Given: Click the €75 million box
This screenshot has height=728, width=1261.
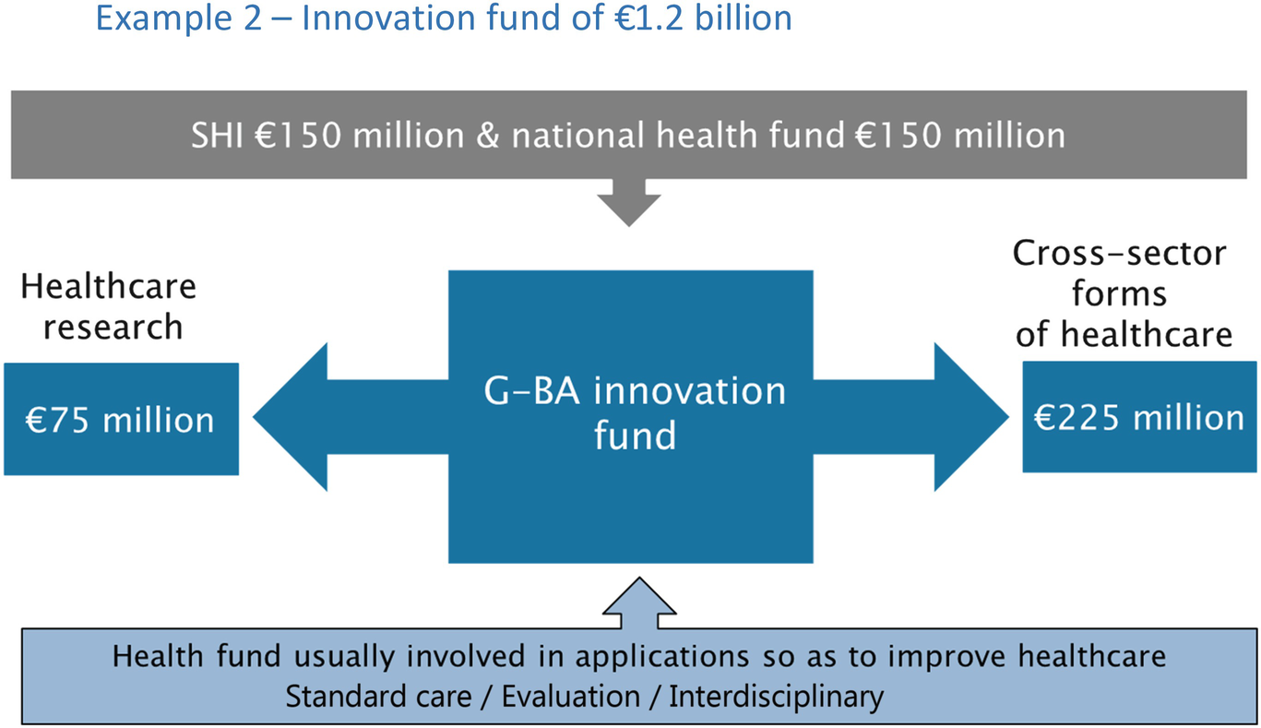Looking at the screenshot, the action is click(x=121, y=419).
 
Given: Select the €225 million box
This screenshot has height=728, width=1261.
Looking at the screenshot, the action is click(x=1139, y=417).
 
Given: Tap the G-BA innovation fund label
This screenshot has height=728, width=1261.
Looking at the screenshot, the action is click(x=635, y=413).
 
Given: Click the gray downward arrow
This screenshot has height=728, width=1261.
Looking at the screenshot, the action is click(x=629, y=203).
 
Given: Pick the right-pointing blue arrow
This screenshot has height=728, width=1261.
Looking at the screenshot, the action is click(x=910, y=417).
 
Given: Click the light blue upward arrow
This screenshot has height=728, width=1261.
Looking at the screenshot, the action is click(x=639, y=603).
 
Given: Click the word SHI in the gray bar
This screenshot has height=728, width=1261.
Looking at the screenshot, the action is click(x=217, y=136).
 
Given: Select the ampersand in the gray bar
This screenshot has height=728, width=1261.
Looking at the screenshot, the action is click(x=487, y=137).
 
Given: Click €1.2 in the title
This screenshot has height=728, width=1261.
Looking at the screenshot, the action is click(x=649, y=18).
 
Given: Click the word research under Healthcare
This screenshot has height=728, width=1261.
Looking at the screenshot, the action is click(x=113, y=328).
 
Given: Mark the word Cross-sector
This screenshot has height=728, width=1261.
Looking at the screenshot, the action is click(x=1119, y=254).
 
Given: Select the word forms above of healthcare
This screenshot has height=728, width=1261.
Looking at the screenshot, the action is click(x=1119, y=293).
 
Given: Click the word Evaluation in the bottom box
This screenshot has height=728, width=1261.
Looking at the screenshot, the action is click(x=571, y=697).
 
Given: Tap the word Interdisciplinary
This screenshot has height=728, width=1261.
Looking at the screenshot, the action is click(x=777, y=698).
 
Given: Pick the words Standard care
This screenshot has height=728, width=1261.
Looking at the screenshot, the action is click(x=378, y=697).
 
